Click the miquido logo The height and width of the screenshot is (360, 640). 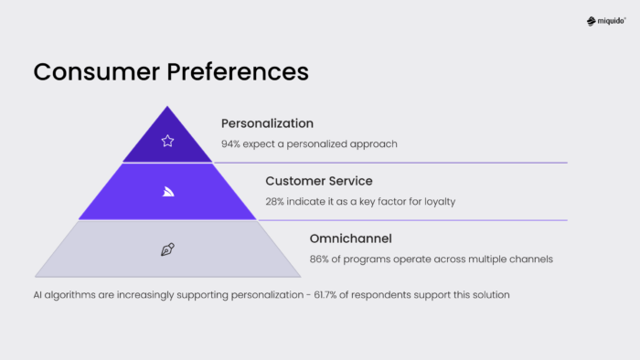(606, 21)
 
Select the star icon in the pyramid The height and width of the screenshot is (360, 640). (167, 141)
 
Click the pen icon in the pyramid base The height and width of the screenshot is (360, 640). (167, 249)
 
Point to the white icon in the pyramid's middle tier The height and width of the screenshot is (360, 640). (167, 191)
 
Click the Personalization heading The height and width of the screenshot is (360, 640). (267, 123)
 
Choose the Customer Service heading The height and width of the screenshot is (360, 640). (319, 181)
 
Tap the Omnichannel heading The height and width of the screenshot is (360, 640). (350, 238)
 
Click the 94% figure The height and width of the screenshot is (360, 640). (231, 144)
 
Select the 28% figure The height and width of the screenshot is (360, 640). (276, 201)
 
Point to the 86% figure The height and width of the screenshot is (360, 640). (320, 259)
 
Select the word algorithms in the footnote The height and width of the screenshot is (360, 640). (72, 295)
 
